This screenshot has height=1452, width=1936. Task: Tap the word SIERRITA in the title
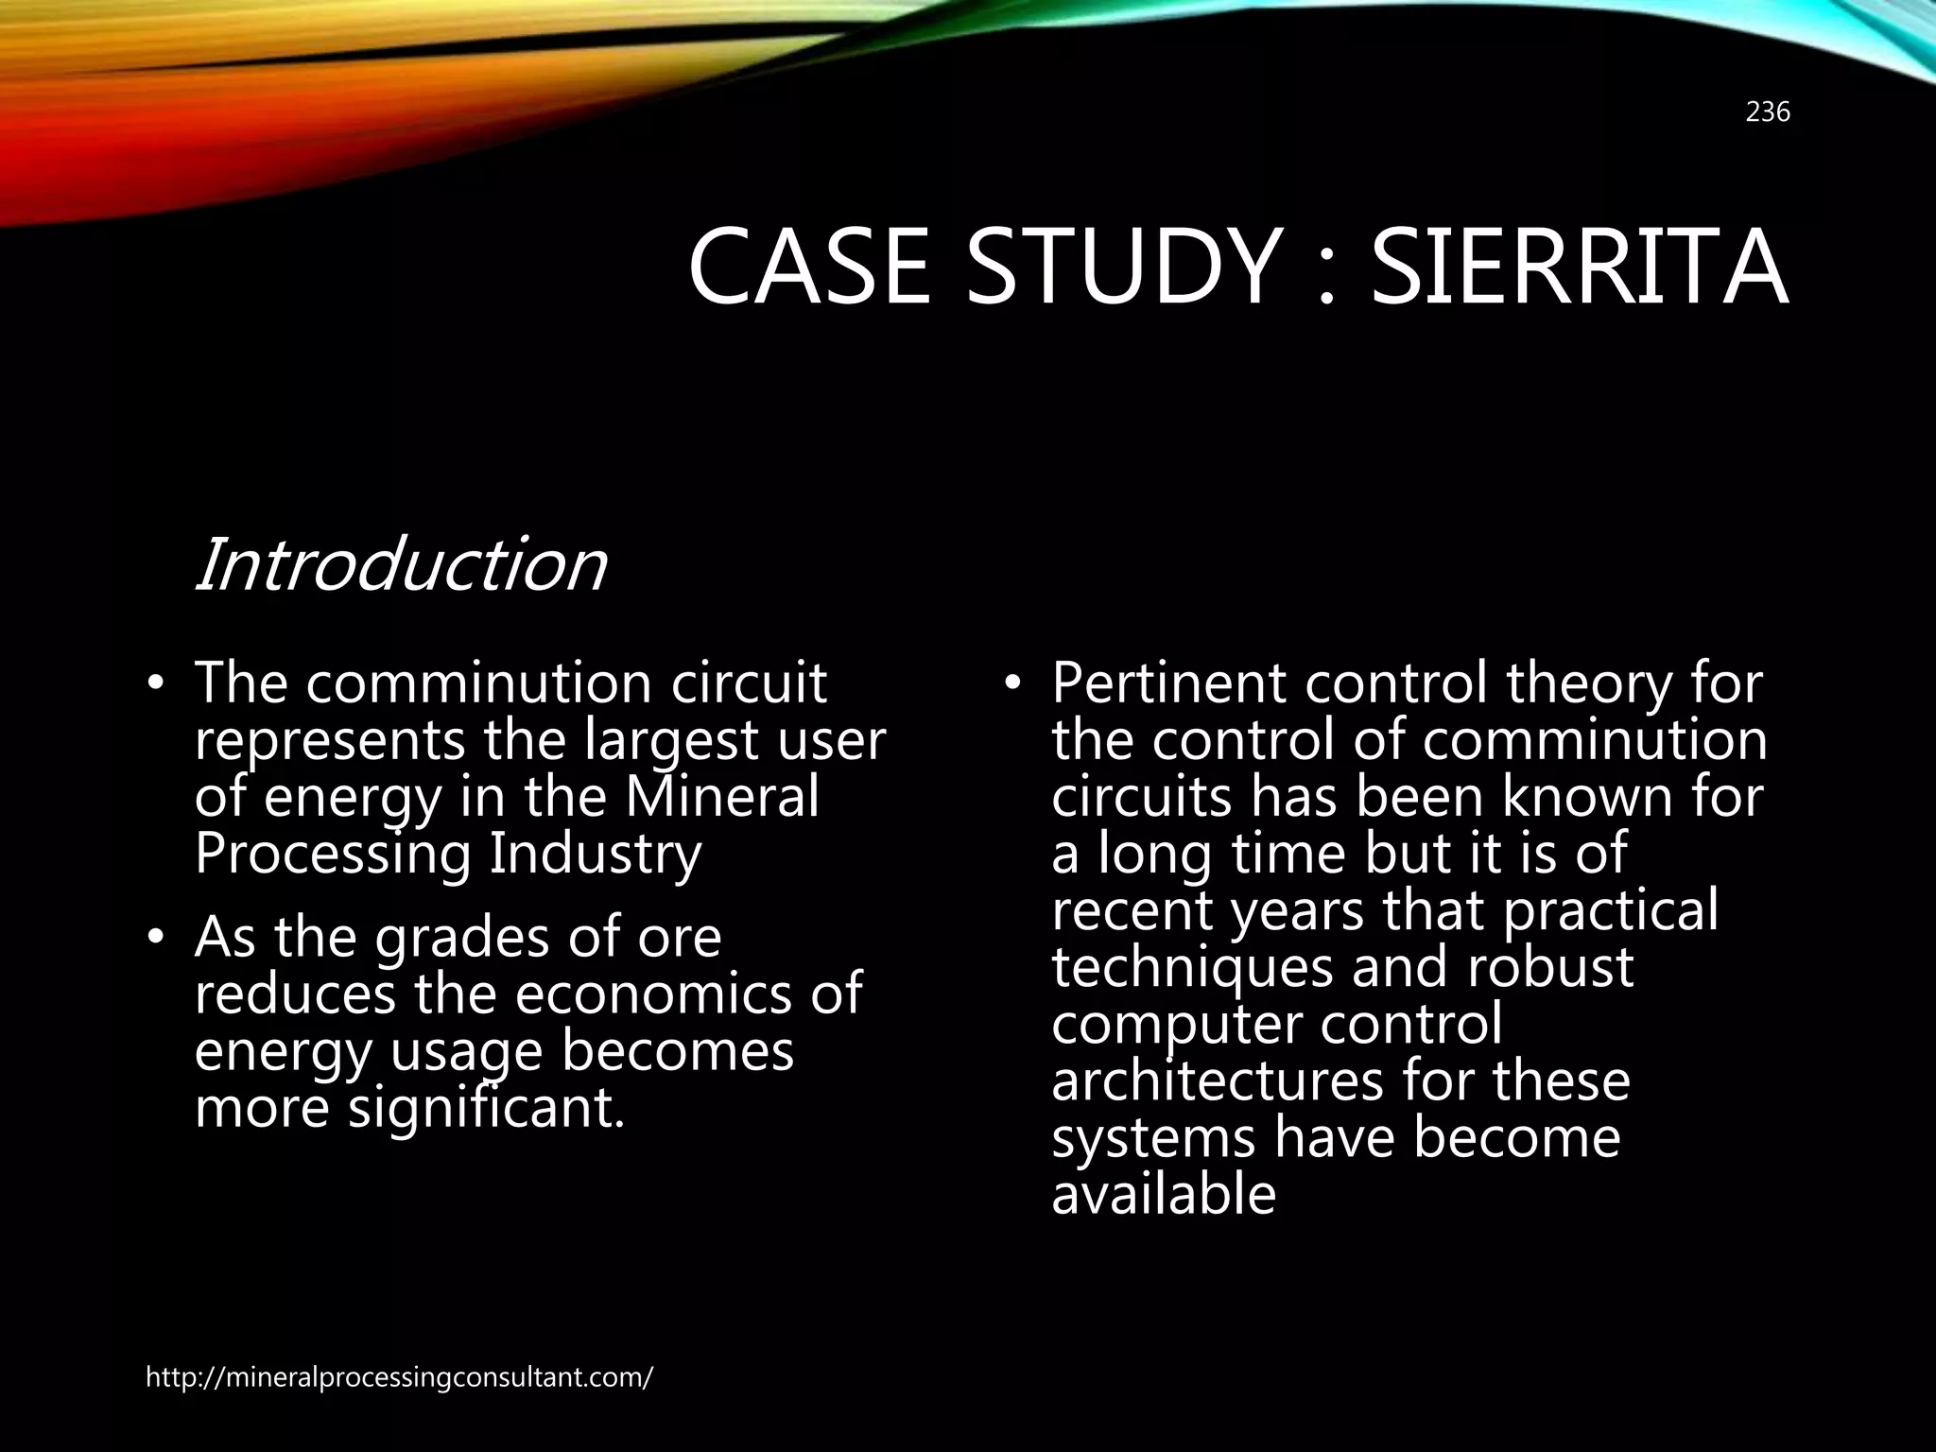1579,268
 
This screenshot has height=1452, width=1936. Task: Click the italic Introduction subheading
400,564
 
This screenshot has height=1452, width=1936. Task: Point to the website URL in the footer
399,1377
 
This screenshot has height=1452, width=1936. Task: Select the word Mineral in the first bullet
722,797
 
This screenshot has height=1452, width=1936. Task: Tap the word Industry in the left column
596,854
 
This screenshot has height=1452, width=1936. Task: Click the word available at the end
1164,1194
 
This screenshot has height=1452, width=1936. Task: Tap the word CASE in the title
810,268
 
